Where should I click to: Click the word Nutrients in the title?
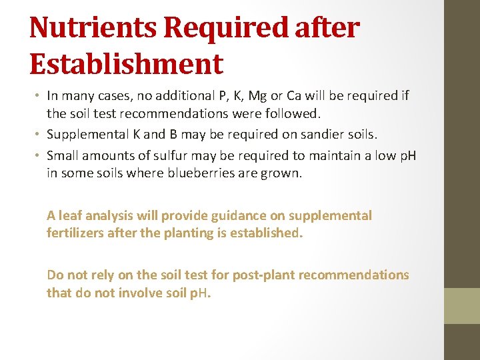coord(93,28)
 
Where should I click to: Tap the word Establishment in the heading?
coord(126,64)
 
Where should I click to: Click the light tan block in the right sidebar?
coord(462,305)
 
